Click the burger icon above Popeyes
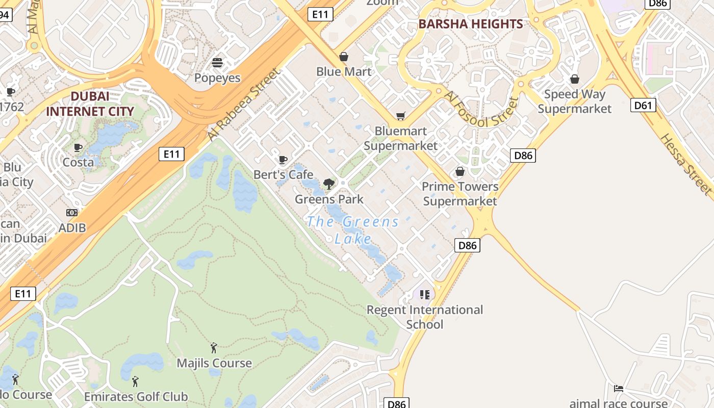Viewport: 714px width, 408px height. coord(217,63)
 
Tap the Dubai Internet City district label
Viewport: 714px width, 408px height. coord(90,104)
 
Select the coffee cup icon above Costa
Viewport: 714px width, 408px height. coord(78,147)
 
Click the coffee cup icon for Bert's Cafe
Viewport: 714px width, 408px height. coord(283,160)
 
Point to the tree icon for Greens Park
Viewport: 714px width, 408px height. coord(329,184)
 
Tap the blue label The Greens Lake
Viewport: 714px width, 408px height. coord(353,229)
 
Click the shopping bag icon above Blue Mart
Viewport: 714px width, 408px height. coord(344,56)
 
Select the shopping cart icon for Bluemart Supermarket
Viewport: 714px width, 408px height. coord(400,116)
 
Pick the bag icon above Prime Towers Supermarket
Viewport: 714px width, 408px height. coord(460,171)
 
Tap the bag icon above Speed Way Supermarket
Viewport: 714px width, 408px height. coord(574,79)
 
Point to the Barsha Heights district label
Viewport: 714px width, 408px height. coord(470,24)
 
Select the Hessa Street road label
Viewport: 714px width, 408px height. coord(686,164)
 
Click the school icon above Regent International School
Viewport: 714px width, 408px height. coord(425,294)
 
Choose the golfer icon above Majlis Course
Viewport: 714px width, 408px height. coord(214,348)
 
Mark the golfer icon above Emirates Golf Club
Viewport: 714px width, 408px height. coord(135,381)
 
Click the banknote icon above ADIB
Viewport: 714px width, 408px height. coord(72,213)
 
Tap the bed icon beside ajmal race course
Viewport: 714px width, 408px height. coord(618,389)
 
